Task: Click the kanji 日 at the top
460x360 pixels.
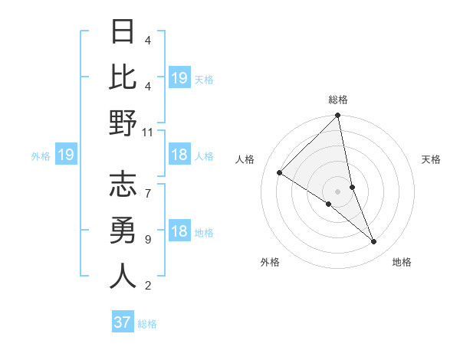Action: pos(123,33)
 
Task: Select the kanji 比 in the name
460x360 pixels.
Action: pos(123,78)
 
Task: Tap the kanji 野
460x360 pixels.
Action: pos(123,124)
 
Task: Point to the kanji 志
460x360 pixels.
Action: pos(123,185)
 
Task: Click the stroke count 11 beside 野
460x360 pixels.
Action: pos(148,132)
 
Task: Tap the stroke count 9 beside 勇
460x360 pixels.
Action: pos(147,240)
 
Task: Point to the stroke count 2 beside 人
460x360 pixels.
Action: pos(147,286)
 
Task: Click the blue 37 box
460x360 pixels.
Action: pos(123,322)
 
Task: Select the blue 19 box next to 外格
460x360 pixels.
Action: pos(65,155)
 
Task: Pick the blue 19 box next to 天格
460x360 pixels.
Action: pos(179,77)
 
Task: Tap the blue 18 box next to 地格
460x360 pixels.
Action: pos(179,232)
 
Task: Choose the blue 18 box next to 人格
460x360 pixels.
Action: pos(179,155)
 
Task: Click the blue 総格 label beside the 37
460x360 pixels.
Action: pos(147,324)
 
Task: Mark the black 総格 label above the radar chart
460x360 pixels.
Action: pos(338,100)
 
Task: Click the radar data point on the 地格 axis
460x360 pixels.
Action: pos(374,241)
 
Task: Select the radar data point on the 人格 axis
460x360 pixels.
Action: pos(280,172)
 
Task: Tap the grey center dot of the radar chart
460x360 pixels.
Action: pos(338,191)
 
